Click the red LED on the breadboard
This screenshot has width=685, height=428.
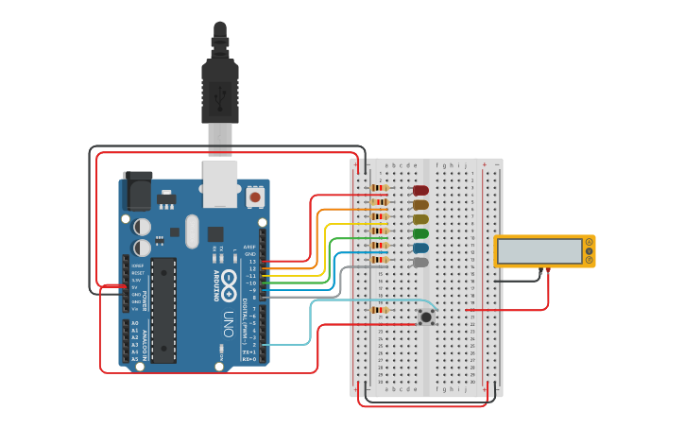(420, 190)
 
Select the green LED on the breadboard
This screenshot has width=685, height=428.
(420, 233)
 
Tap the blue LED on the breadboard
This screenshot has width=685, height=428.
(420, 248)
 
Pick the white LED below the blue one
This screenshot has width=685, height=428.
(420, 262)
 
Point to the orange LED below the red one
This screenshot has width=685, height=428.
(420, 204)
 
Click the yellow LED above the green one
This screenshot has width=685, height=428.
(420, 219)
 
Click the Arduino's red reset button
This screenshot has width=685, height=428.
(254, 197)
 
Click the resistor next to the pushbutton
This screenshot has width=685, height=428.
(380, 309)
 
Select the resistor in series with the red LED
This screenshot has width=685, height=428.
(380, 188)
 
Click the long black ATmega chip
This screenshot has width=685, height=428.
(163, 309)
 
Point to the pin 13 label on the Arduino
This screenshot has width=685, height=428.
(251, 261)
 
